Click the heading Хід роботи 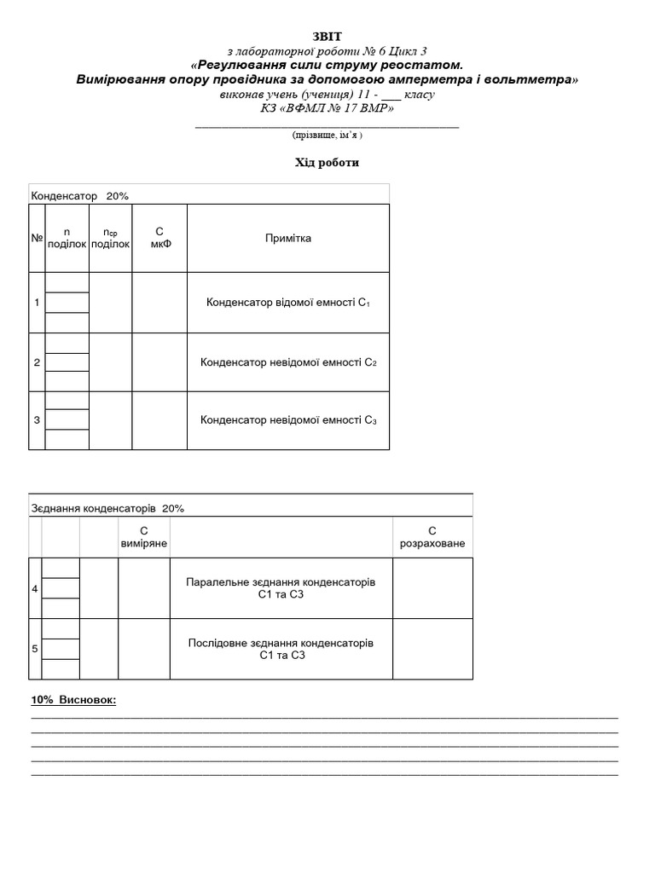pos(327,163)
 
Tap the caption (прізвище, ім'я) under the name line pos(327,135)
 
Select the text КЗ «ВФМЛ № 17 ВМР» pos(327,108)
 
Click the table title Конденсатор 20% pos(80,196)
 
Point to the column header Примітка pos(287,238)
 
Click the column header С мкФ pos(159,238)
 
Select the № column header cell pos(37,238)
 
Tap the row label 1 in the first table pos(37,303)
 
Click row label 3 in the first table pos(37,419)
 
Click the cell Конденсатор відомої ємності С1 pos(287,303)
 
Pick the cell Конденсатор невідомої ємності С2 pos(287,362)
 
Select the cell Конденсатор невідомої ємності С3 pos(287,419)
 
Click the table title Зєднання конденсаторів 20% pos(107,508)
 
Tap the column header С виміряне pos(144,537)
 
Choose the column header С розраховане pos(432,537)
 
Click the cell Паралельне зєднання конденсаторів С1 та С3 pos(281,587)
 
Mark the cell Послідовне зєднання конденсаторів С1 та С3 pos(281,649)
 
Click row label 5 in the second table pos(35,649)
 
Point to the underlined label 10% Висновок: pos(73,700)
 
